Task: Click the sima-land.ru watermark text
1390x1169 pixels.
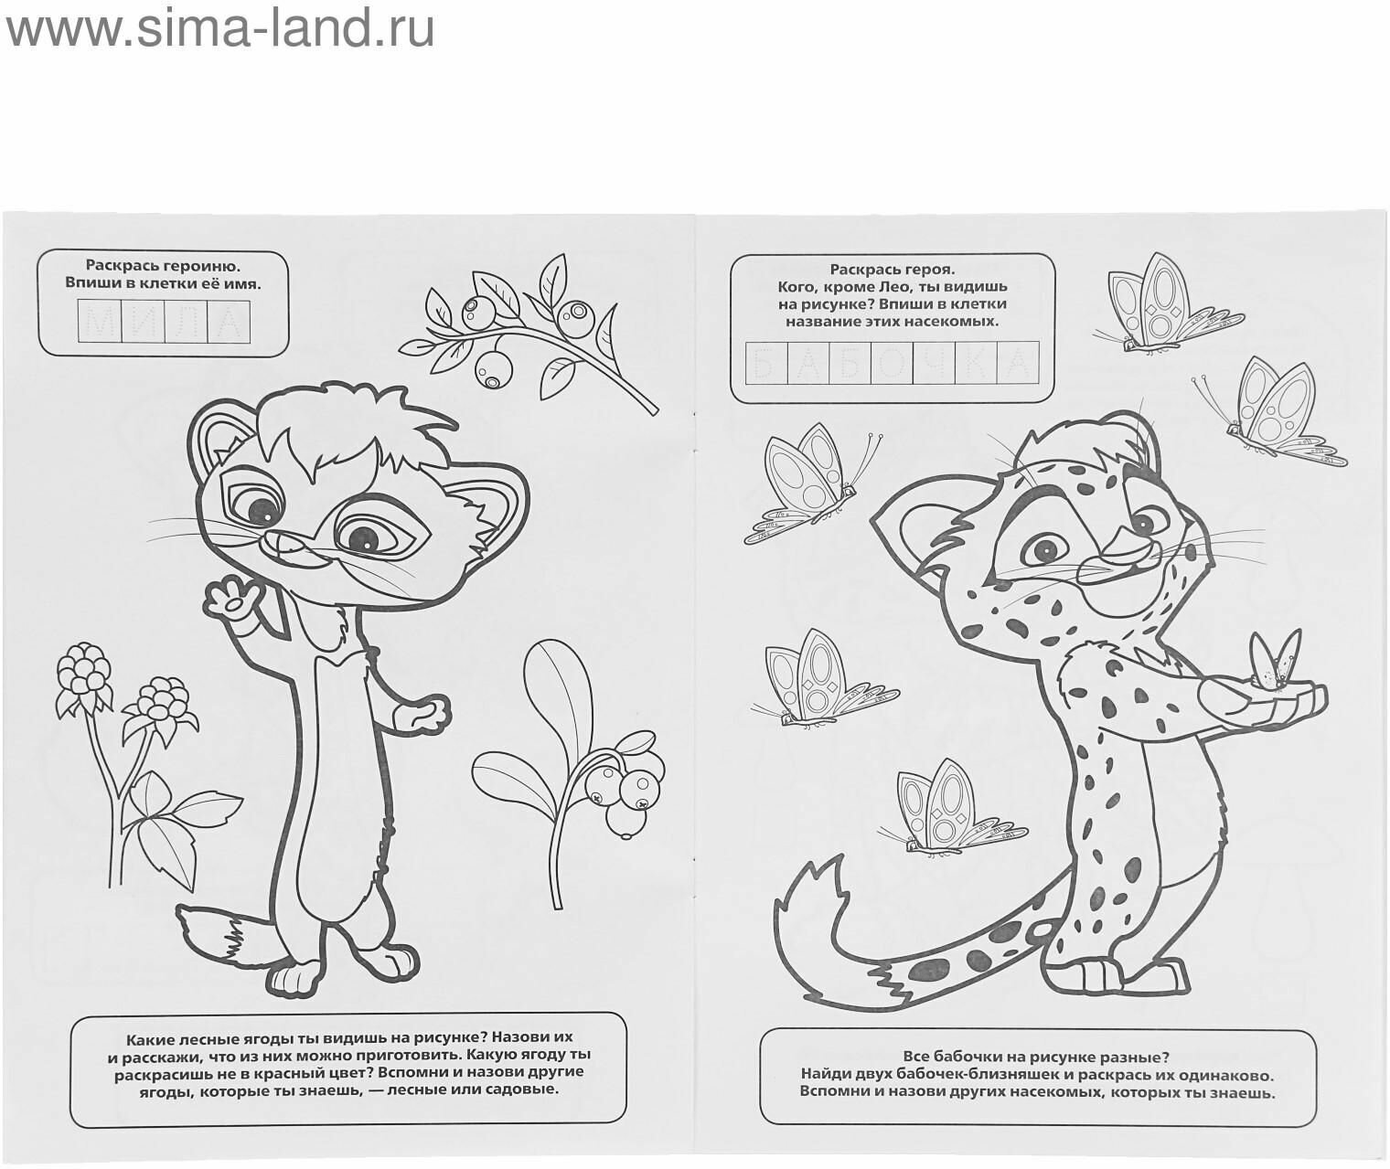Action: [219, 30]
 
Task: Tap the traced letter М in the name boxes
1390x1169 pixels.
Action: [100, 322]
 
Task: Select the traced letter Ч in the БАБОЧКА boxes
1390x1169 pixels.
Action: [934, 363]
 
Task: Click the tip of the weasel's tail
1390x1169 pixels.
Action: [180, 912]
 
